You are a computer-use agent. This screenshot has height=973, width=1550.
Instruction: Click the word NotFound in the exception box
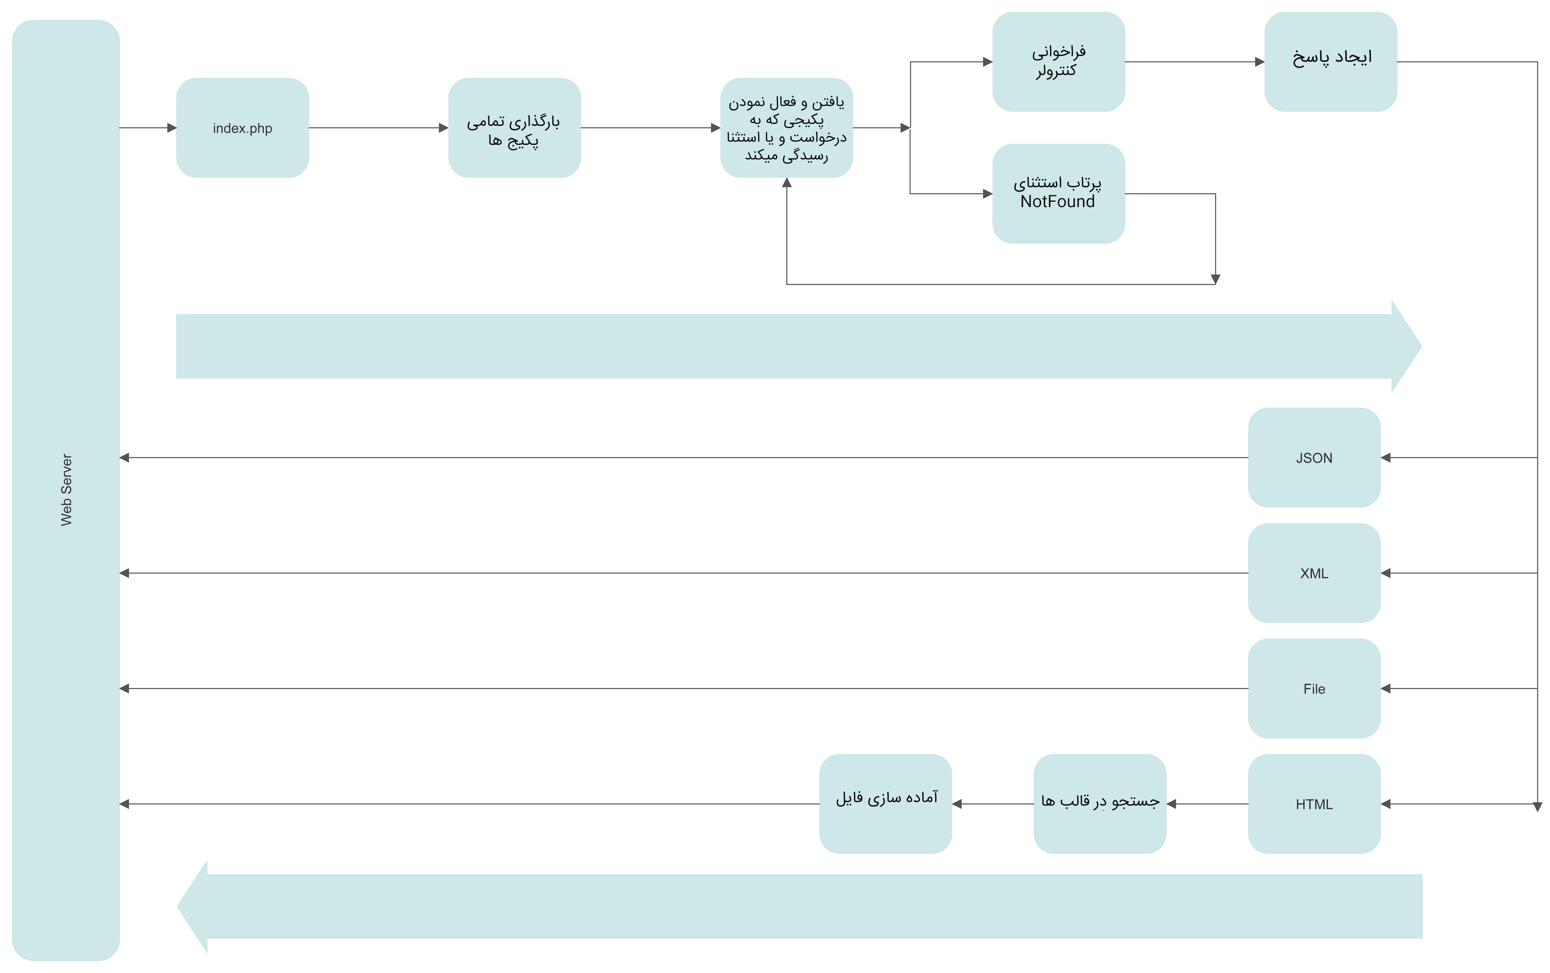pos(1057,202)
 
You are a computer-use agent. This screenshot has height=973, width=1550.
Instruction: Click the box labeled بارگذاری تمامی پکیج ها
pos(514,128)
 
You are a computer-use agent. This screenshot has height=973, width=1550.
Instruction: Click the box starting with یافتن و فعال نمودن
pos(786,128)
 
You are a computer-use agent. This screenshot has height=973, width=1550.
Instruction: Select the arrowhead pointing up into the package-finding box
pos(786,183)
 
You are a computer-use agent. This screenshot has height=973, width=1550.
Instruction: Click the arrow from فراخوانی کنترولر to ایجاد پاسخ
pos(1194,62)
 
